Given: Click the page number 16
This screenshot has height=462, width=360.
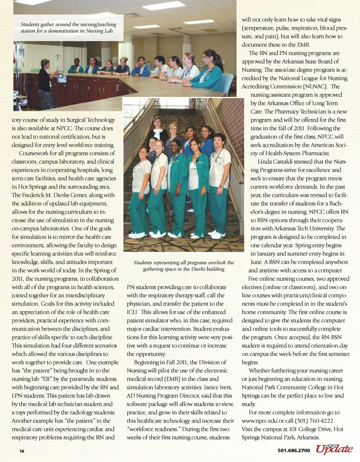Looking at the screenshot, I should (22, 451).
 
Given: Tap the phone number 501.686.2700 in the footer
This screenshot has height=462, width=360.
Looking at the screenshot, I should (294, 450).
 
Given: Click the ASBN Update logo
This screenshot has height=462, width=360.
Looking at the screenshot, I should (334, 449).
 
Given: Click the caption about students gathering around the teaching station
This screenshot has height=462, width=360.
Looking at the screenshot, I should (69, 28).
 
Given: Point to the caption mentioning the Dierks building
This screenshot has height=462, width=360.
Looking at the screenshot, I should (184, 266).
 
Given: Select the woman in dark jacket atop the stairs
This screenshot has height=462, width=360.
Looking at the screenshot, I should (157, 131).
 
